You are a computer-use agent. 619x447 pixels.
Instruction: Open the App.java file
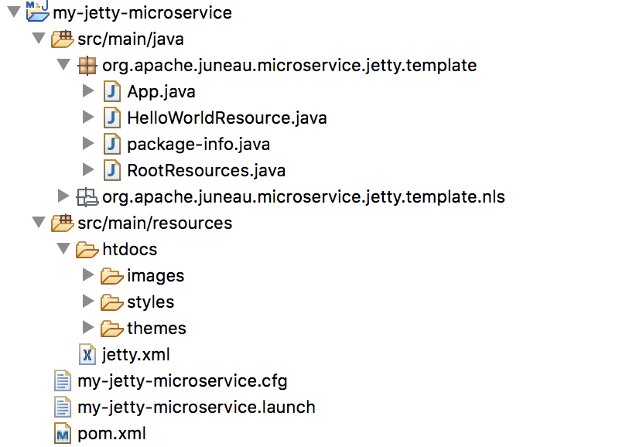pyautogui.click(x=161, y=91)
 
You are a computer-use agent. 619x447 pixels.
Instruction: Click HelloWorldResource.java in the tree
pyautogui.click(x=227, y=118)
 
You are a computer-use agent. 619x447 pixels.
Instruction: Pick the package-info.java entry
pyautogui.click(x=198, y=144)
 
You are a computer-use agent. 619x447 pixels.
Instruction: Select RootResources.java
pyautogui.click(x=206, y=170)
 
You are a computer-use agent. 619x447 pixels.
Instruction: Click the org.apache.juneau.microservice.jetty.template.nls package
pyautogui.click(x=303, y=196)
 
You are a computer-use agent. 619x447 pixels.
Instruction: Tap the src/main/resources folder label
pyautogui.click(x=155, y=223)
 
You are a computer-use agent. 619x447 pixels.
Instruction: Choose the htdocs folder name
pyautogui.click(x=129, y=249)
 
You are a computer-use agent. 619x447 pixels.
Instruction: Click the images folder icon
pyautogui.click(x=112, y=276)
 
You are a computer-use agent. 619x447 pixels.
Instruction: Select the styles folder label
pyautogui.click(x=150, y=302)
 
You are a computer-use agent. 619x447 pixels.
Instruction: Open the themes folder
pyautogui.click(x=156, y=328)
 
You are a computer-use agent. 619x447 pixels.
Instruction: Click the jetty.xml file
pyautogui.click(x=135, y=355)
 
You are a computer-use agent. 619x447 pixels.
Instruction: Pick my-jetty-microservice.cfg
pyautogui.click(x=183, y=380)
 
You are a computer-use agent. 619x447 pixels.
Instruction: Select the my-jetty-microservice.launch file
pyautogui.click(x=197, y=407)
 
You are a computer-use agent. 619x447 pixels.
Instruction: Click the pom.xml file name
pyautogui.click(x=111, y=433)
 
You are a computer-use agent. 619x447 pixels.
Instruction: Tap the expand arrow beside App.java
pyautogui.click(x=88, y=91)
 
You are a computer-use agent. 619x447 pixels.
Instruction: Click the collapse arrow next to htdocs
pyautogui.click(x=63, y=249)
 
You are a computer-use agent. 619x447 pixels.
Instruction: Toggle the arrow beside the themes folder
pyautogui.click(x=88, y=328)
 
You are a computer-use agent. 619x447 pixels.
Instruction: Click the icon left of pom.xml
pyautogui.click(x=63, y=434)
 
